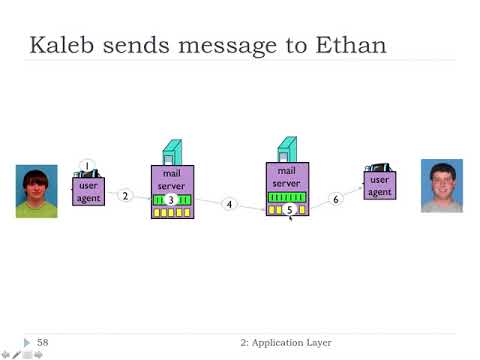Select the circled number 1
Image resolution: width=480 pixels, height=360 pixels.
pos(87,166)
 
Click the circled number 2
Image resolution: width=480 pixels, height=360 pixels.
pos(126,196)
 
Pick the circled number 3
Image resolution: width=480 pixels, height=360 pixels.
pos(171,201)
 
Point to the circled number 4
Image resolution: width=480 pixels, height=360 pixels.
pos(229,204)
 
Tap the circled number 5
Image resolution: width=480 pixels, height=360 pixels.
pos(289,210)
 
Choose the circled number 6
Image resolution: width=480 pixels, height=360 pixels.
pos(336,200)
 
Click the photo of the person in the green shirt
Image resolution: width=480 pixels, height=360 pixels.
pos(36,191)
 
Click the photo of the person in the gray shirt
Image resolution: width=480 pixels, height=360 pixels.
pos(442,186)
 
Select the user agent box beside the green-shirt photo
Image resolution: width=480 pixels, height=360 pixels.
pos(89,191)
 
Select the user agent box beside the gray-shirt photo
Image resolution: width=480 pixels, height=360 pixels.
pos(379,185)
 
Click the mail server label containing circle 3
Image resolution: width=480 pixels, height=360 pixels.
pos(170,180)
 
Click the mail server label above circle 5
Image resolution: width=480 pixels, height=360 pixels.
pos(287,177)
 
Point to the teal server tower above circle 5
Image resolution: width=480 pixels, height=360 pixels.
pos(286,148)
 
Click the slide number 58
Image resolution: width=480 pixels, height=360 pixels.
pos(43,343)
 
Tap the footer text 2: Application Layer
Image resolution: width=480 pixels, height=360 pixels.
pos(286,343)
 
